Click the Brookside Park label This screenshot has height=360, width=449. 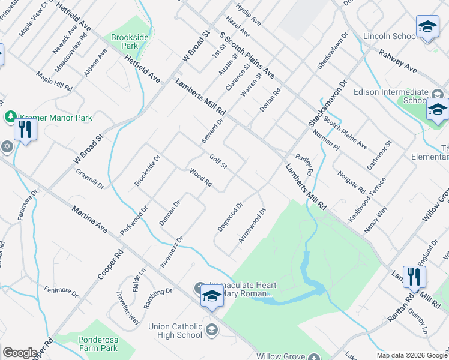(x=130, y=41)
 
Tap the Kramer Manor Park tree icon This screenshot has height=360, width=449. (x=10, y=116)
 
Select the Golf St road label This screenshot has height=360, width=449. (x=217, y=161)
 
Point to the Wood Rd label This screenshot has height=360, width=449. (x=200, y=178)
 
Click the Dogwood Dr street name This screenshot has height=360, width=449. (x=230, y=215)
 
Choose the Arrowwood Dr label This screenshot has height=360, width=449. (x=252, y=226)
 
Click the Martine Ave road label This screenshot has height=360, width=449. (x=89, y=220)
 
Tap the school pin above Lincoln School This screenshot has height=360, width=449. (x=427, y=27)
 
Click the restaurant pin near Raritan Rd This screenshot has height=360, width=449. (x=414, y=277)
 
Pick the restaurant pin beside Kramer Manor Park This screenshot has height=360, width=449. (x=25, y=129)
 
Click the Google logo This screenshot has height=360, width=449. (x=20, y=353)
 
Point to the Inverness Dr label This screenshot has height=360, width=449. (x=171, y=251)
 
